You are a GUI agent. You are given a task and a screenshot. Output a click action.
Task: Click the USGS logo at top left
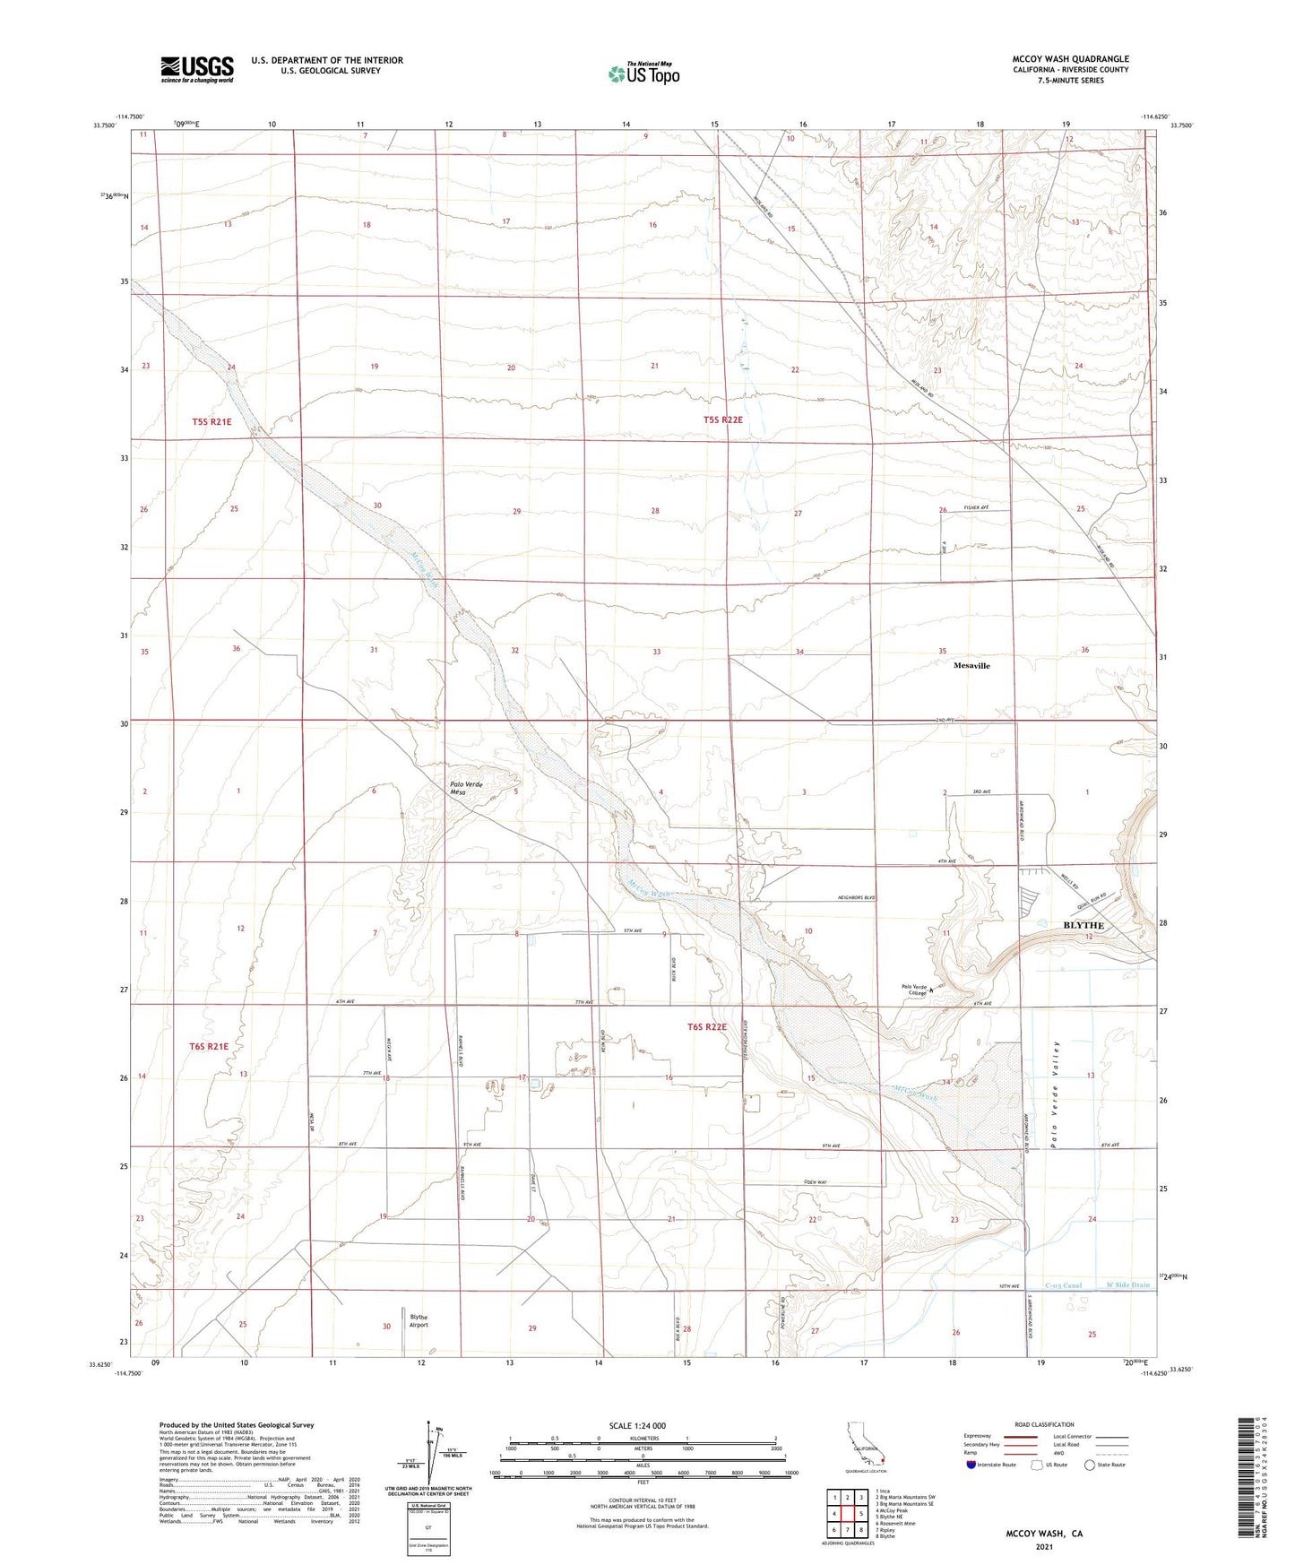[197, 69]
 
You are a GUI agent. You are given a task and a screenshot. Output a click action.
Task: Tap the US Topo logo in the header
[643, 73]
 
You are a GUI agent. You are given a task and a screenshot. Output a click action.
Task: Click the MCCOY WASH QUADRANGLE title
[1070, 59]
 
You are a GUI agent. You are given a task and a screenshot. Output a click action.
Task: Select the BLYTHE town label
[1083, 924]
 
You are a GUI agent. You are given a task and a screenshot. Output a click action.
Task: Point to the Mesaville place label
[971, 666]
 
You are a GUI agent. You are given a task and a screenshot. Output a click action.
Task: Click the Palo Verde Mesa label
[466, 789]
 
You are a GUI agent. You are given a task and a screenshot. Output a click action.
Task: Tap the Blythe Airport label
[419, 1321]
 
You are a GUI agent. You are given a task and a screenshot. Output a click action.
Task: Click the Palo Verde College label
[913, 991]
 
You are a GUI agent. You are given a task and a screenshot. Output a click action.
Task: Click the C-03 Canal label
[1063, 1285]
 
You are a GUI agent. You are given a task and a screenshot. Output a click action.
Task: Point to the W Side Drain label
[1127, 1285]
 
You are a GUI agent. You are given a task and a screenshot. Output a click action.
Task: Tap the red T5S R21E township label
[212, 421]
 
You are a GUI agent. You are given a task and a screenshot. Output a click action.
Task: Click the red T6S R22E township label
[707, 1027]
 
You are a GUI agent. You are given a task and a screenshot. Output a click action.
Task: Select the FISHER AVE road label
[976, 508]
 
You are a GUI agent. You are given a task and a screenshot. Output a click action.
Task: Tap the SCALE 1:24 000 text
[637, 1425]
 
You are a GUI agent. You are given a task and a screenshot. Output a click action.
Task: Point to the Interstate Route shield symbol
[971, 1465]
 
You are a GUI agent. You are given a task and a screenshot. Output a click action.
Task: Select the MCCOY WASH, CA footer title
[1043, 1534]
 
